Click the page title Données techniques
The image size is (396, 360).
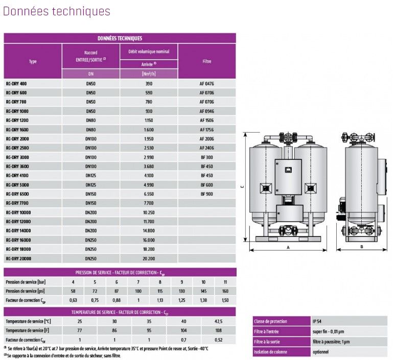coord(57,11)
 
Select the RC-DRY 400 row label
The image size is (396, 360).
coord(16,83)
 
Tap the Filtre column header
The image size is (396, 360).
coord(207,61)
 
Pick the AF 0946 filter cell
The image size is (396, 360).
coord(207,111)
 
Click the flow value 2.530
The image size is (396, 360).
coord(149,148)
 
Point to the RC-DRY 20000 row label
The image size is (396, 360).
coord(18,258)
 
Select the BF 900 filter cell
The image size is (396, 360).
coord(207,194)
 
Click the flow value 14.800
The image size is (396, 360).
coord(149,231)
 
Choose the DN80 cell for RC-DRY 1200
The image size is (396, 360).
coord(91,120)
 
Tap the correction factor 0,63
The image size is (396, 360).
coord(74,300)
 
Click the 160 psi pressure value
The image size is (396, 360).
coord(225,291)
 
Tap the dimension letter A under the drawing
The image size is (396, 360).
coord(288,247)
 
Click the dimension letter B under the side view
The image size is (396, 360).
coord(361,247)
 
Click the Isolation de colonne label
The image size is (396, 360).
coord(270,352)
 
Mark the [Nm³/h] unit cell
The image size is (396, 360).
coord(149,74)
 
